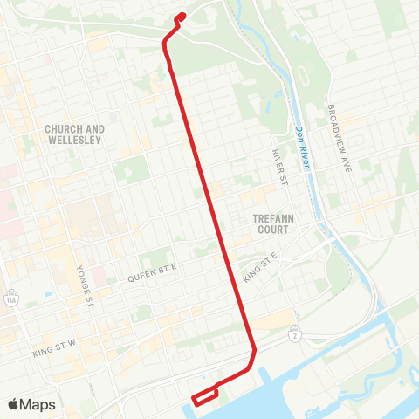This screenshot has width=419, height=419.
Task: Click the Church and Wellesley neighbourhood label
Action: point(75,134)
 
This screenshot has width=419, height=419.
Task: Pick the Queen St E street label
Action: point(152,275)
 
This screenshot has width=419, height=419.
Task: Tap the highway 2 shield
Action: point(296,335)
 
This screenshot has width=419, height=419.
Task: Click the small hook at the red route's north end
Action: point(180,17)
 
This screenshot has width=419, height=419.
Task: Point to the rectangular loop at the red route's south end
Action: point(204,395)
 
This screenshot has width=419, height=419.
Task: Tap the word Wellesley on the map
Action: point(76,140)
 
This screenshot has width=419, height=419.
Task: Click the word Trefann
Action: point(271,219)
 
